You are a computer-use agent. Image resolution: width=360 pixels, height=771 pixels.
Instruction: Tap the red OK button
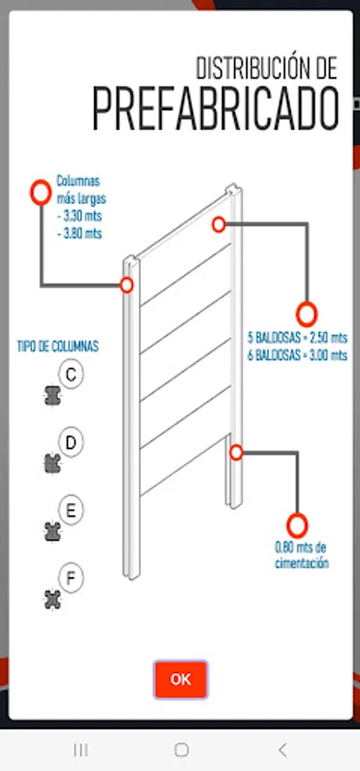pyautogui.click(x=180, y=679)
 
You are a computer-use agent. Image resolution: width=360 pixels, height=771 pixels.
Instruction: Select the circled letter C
pyautogui.click(x=71, y=374)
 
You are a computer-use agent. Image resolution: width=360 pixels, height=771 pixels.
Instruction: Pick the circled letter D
pyautogui.click(x=72, y=443)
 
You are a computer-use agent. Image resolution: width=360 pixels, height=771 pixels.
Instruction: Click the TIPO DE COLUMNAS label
pyautogui.click(x=57, y=346)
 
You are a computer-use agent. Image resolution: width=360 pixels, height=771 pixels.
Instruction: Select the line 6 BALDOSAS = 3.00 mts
pyautogui.click(x=297, y=353)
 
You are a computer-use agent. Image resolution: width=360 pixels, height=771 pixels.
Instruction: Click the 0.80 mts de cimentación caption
pyautogui.click(x=302, y=555)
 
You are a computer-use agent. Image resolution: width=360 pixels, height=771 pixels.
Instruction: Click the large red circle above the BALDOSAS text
pyautogui.click(x=307, y=314)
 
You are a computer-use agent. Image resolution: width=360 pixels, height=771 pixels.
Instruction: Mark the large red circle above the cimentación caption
pyautogui.click(x=297, y=524)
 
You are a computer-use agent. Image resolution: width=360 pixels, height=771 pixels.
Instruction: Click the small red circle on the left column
pyautogui.click(x=127, y=285)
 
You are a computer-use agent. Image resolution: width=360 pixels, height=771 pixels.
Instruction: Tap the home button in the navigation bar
pyautogui.click(x=181, y=750)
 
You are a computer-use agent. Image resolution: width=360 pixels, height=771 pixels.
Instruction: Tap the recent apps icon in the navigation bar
pyautogui.click(x=81, y=750)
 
